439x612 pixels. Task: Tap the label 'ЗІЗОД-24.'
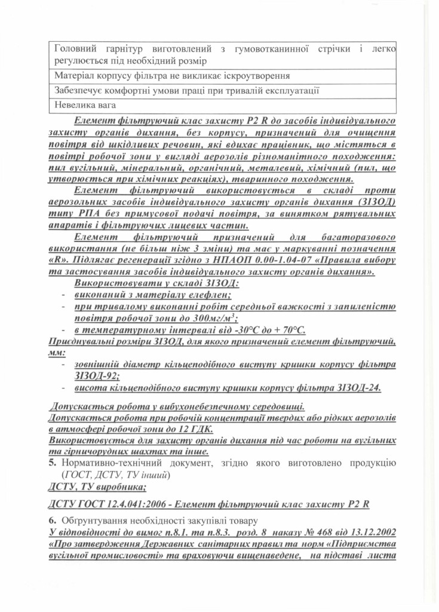[356, 387]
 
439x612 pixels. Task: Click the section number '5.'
[52, 463]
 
